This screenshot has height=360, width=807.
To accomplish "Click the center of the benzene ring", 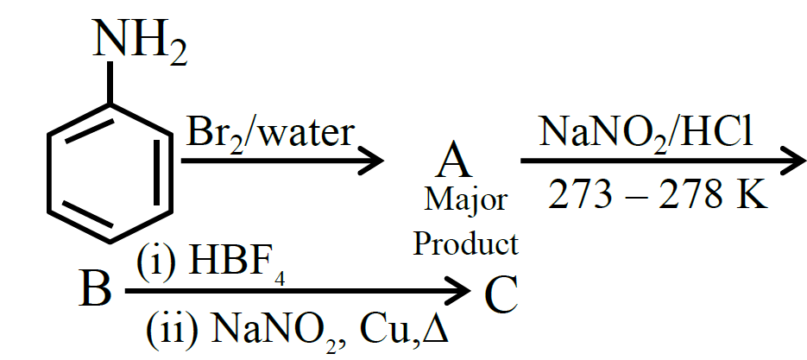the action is [110, 173].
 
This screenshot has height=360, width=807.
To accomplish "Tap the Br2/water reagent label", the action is [269, 134].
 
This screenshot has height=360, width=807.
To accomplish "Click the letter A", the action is [453, 161].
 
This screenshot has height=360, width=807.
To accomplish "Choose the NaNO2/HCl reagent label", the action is [646, 134].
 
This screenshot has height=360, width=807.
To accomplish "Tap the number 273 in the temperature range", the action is [581, 195].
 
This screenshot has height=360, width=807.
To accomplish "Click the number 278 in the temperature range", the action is [690, 195].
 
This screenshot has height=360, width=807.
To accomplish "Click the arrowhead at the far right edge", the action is [791, 161].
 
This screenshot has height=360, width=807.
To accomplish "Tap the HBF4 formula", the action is [237, 263].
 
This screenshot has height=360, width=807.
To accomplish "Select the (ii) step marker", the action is [172, 328].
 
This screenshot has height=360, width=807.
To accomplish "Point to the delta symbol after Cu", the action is [435, 327].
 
